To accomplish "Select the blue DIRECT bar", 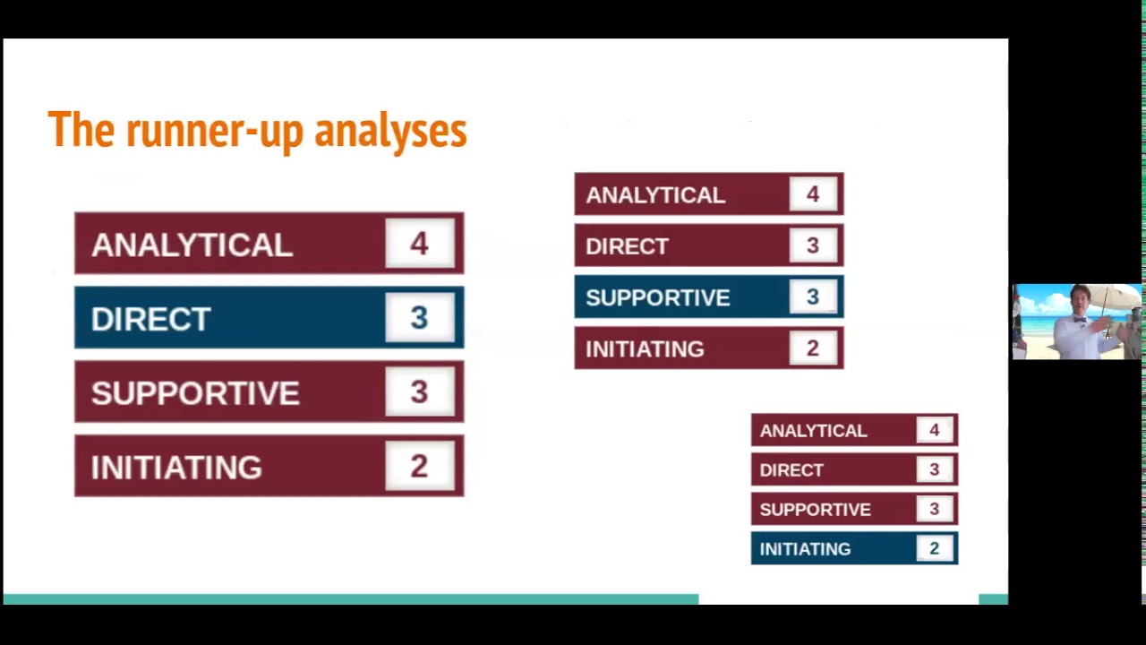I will [269, 317].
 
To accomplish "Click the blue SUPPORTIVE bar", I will [708, 297].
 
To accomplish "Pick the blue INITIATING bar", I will [854, 548].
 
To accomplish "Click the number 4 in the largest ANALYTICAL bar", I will [419, 244].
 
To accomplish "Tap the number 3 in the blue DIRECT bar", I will [419, 318].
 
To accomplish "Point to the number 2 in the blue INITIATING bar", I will [934, 549].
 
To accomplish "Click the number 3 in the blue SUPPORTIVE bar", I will [812, 297].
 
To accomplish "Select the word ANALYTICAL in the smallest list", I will [813, 431].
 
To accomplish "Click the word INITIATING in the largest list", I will [176, 468].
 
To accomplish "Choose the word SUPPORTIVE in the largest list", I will [195, 393].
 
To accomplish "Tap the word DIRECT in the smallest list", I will [791, 470].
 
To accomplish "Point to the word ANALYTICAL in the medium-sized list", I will [654, 195].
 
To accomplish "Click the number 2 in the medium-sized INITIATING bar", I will [812, 348].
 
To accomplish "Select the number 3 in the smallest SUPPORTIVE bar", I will [934, 510].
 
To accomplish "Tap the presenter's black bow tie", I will [1079, 319].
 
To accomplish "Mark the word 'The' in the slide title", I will [81, 131].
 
